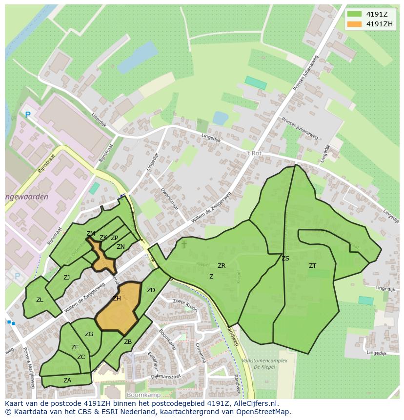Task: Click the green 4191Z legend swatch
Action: coord(354,14)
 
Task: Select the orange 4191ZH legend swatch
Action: coord(354,24)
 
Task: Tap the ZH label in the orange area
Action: coord(117,299)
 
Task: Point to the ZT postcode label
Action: coord(312,266)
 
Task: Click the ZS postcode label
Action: coord(285,259)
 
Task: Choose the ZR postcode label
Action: coord(222,266)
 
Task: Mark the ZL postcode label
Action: coord(40,300)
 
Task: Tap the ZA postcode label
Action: coord(67,380)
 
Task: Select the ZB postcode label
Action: coord(128,342)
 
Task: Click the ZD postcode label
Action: coord(151,290)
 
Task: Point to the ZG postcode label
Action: coord(89,334)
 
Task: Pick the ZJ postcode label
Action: coord(67,278)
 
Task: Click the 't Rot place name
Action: coord(254,153)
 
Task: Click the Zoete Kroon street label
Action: coord(185,305)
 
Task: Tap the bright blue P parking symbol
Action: coord(28,115)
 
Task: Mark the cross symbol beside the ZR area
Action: coord(184,244)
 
